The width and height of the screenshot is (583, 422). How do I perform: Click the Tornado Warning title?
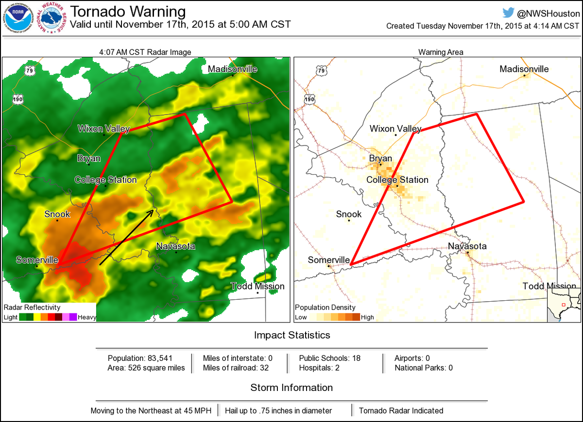[x=128, y=12]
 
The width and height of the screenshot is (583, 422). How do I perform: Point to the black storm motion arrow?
[x=127, y=237]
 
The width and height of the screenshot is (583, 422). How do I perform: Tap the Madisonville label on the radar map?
[x=232, y=69]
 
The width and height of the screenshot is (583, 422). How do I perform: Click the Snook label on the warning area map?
[x=349, y=214]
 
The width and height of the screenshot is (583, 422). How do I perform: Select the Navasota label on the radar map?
[x=175, y=246]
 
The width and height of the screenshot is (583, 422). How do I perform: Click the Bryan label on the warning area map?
[x=380, y=159]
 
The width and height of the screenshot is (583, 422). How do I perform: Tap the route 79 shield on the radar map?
[x=30, y=71]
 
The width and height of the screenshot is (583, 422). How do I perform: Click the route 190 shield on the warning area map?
[x=309, y=99]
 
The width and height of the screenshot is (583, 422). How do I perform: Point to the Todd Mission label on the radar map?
[x=257, y=286]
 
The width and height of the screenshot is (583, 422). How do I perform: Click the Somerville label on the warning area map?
[x=328, y=260]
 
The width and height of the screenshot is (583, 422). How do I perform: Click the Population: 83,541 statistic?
[x=140, y=358]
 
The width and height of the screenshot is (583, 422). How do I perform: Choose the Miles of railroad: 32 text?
[x=236, y=368]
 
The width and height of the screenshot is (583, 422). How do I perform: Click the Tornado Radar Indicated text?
[x=401, y=410]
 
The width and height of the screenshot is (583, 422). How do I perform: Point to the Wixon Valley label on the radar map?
[x=104, y=129]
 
